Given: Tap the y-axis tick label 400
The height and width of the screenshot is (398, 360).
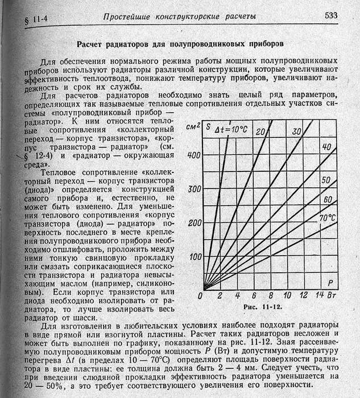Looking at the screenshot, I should (193, 155).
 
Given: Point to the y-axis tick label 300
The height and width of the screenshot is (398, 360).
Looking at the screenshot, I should (193, 189).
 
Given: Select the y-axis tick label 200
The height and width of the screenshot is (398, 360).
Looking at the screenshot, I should (193, 223).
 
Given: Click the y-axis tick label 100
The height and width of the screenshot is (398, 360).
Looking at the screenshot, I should (193, 257).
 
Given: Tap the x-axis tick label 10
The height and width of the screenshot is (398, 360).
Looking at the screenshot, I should (287, 296).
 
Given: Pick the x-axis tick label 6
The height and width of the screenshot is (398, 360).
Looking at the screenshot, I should (254, 296).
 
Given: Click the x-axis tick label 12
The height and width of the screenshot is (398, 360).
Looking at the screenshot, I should (304, 296).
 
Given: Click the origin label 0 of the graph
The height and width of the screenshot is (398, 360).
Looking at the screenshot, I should (200, 297).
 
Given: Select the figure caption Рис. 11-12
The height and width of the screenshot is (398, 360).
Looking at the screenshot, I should (263, 307).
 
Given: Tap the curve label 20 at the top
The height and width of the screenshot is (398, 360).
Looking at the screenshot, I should (261, 132).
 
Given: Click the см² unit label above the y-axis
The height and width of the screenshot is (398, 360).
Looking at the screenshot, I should (193, 128).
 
